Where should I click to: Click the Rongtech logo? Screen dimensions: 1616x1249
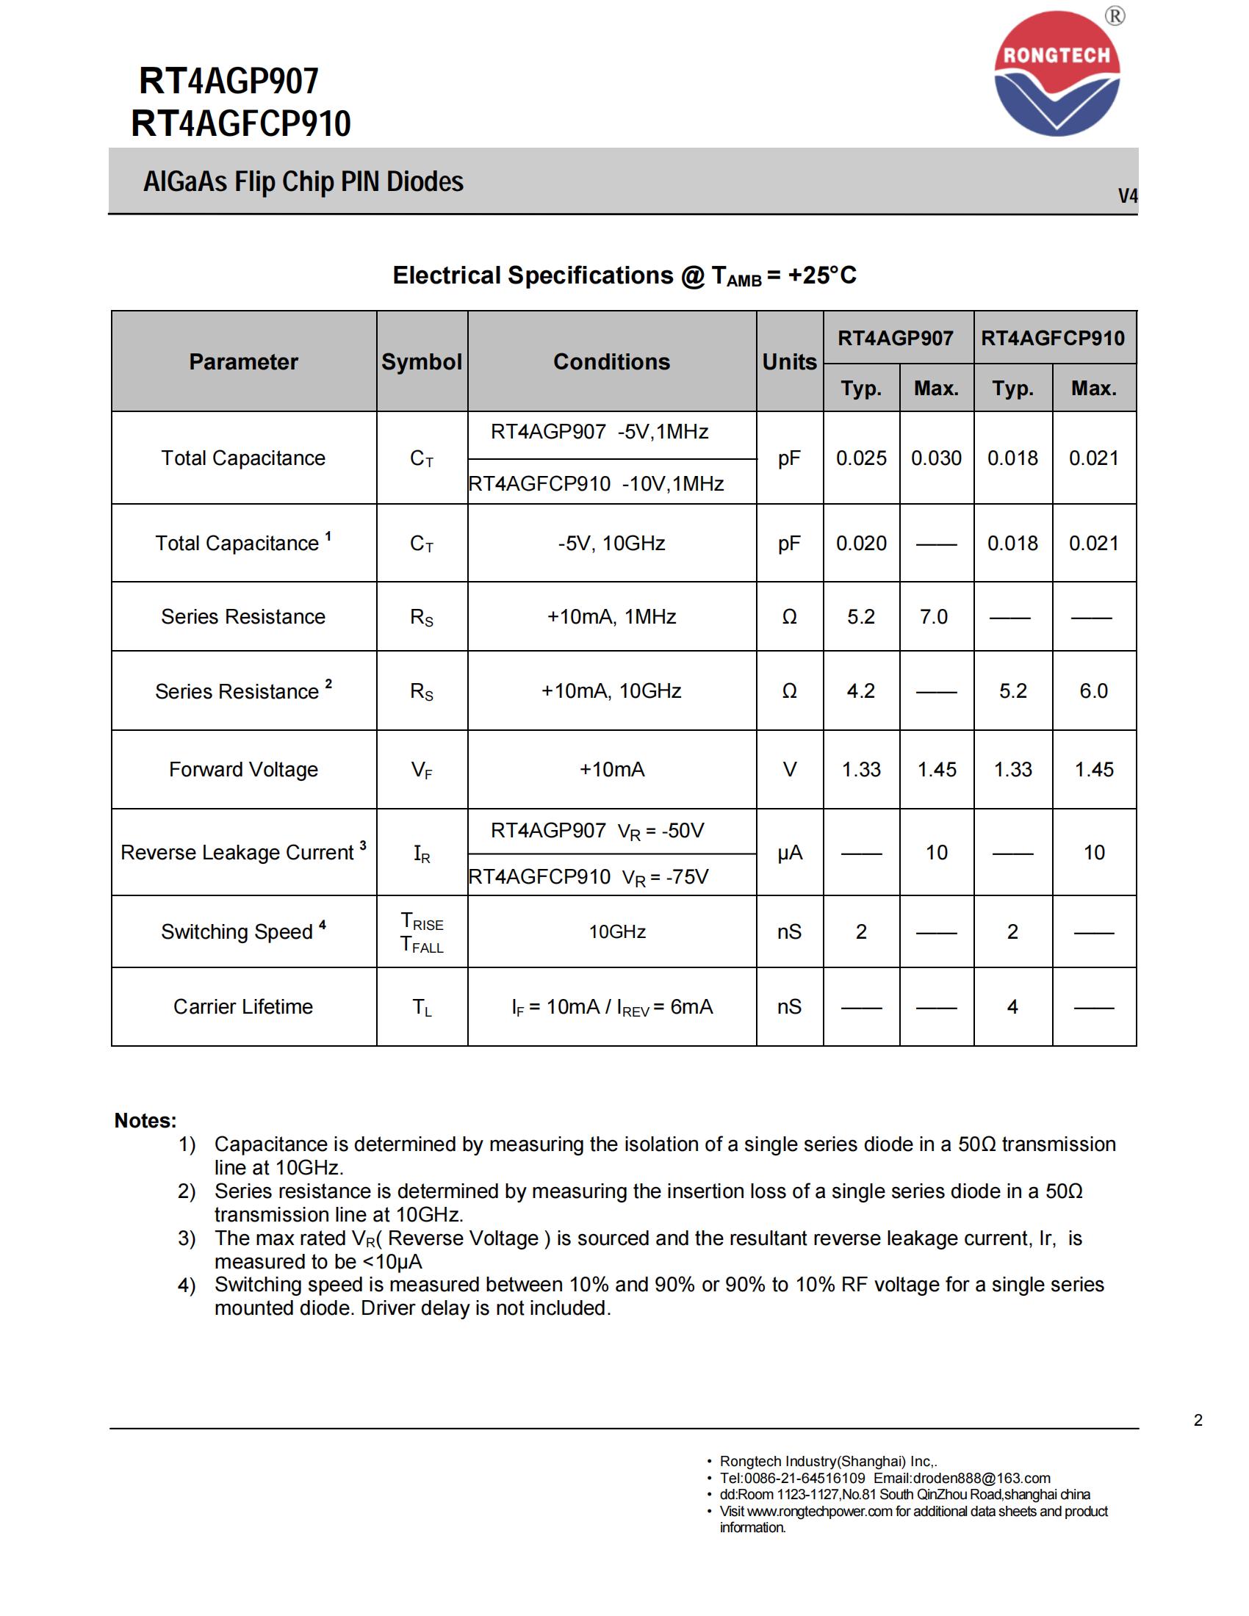(x=1056, y=74)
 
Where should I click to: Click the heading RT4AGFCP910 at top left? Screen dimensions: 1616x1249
(x=240, y=123)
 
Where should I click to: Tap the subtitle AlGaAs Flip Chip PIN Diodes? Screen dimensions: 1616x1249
(x=303, y=182)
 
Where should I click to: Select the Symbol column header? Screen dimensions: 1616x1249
(x=422, y=362)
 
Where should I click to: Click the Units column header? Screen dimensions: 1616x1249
(x=790, y=362)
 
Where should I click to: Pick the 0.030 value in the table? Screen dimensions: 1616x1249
(x=936, y=458)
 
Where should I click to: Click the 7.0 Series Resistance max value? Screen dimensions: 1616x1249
(x=934, y=616)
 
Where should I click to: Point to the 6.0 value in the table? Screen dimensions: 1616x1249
(x=1094, y=690)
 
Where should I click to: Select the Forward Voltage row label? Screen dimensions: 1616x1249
(x=243, y=770)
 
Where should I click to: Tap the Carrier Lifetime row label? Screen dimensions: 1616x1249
(x=243, y=1006)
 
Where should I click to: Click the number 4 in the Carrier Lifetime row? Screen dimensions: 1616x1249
(x=1012, y=1006)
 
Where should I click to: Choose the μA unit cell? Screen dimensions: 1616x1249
(x=790, y=853)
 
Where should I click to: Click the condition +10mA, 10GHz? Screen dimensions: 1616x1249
(x=611, y=690)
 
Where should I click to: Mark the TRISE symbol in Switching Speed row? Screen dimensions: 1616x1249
(x=422, y=921)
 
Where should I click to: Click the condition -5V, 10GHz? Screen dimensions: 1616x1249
(x=611, y=543)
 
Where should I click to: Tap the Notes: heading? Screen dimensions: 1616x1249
(x=145, y=1120)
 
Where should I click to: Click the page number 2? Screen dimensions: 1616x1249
(x=1198, y=1420)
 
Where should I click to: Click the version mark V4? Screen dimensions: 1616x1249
(x=1127, y=196)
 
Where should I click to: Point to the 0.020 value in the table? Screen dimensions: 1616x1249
(x=861, y=543)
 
